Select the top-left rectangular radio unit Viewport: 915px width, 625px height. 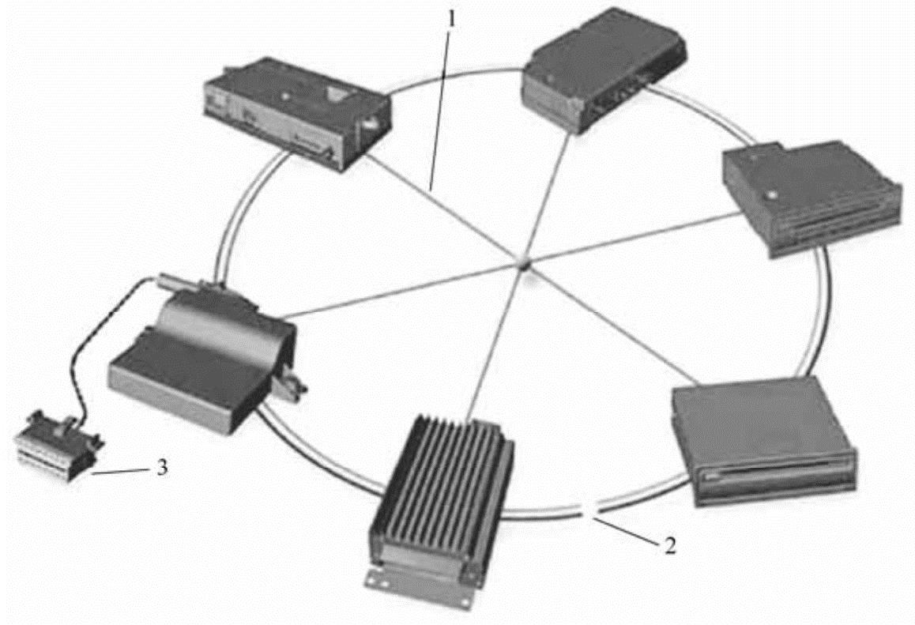[296, 119]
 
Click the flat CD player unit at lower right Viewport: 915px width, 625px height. [762, 439]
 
